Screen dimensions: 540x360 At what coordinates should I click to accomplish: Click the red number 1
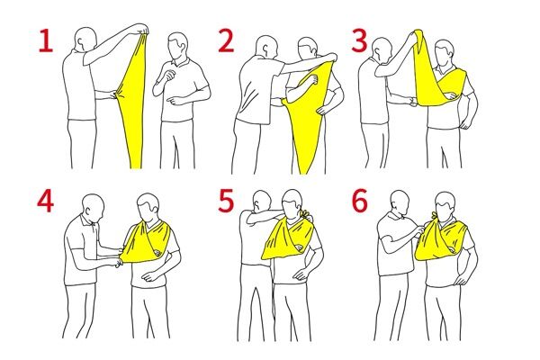46,40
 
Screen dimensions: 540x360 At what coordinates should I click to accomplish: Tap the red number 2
227,40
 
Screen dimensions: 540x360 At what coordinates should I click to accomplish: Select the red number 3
359,40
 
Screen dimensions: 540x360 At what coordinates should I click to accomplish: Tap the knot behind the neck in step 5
305,214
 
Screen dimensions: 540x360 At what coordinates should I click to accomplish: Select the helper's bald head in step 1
86,39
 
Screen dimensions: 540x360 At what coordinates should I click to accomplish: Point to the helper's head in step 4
93,207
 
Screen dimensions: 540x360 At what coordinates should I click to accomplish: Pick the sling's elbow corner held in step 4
121,257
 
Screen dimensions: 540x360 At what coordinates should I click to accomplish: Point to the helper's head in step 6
400,203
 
